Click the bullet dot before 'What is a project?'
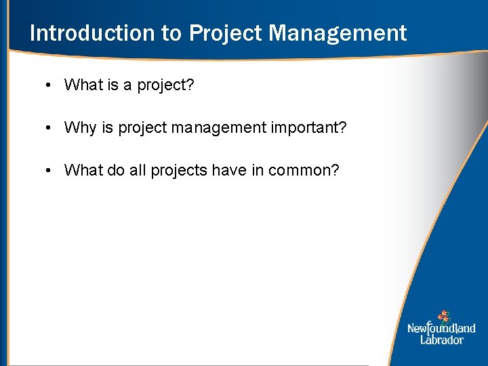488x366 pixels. [x=49, y=85]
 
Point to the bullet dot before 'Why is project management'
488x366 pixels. [x=49, y=127]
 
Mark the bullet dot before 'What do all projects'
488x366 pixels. [x=49, y=170]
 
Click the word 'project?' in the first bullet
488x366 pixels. [x=166, y=85]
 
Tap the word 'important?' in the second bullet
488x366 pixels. [x=312, y=127]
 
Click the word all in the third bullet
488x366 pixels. [x=138, y=170]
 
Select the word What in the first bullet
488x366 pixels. [x=83, y=85]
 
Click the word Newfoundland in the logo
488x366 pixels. [x=441, y=329]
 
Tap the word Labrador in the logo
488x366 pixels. [x=441, y=340]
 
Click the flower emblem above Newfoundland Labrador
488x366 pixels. [x=443, y=316]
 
